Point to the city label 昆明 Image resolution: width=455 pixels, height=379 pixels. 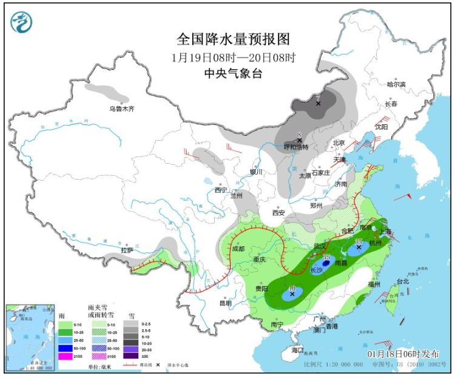click(225, 303)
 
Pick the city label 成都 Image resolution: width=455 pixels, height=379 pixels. click(238, 249)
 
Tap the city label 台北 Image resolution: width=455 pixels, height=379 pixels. click(403, 281)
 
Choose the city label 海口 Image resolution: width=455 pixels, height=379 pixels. click(297, 350)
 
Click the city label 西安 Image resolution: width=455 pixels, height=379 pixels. click(278, 213)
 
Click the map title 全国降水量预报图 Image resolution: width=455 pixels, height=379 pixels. click(233, 39)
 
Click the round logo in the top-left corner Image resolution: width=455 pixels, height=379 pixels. click(21, 22)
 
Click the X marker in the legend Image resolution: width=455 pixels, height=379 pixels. click(158, 365)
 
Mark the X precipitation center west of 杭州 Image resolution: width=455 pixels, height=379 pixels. click(359, 247)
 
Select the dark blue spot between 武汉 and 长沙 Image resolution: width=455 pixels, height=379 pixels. click(326, 263)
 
